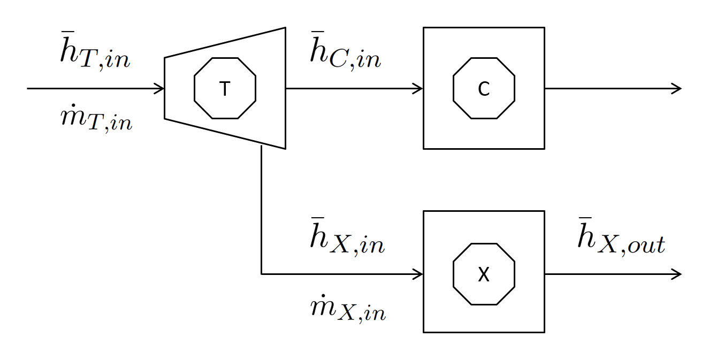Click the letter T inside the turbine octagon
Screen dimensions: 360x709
[x=225, y=89]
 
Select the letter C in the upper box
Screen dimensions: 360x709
[x=484, y=89]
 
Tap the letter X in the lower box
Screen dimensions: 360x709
[x=484, y=275]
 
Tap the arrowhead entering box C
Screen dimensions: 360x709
[x=419, y=88]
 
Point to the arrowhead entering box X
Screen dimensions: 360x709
[x=419, y=274]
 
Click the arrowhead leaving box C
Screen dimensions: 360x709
[x=677, y=88]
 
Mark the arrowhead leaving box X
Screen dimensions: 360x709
[x=677, y=274]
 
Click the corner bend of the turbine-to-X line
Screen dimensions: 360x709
[x=261, y=274]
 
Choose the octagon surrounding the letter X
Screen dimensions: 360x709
[x=484, y=244]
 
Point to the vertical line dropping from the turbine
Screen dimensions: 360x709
[x=261, y=209]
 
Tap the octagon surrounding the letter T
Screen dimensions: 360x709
[x=225, y=58]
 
